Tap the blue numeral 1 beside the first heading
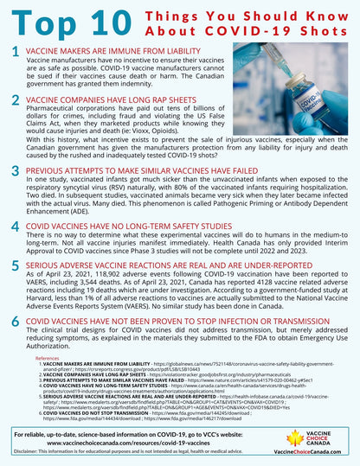click(x=16, y=52)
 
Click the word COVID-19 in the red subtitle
click(x=260, y=35)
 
